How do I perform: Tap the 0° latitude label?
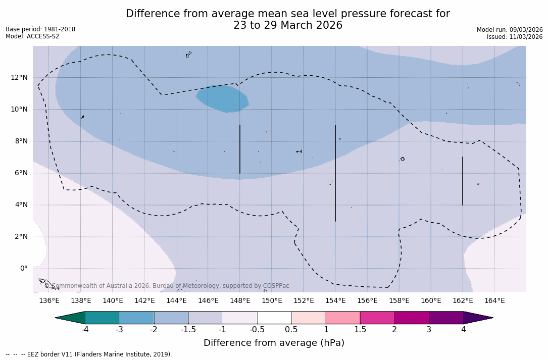click(23, 268)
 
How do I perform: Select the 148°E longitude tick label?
click(240, 301)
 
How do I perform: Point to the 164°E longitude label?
click(494, 301)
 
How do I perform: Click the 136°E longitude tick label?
click(49, 301)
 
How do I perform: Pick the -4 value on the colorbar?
click(85, 330)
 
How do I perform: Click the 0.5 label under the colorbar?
click(291, 330)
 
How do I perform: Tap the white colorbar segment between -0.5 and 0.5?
click(274, 318)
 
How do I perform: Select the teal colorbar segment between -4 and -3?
click(103, 318)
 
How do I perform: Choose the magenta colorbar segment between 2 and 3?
click(412, 318)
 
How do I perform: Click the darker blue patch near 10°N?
click(223, 98)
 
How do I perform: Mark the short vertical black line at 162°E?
click(463, 181)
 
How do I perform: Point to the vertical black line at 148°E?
click(240, 149)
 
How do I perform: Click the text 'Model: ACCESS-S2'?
click(32, 36)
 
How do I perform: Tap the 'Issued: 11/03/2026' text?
click(515, 37)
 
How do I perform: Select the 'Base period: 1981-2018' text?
click(40, 29)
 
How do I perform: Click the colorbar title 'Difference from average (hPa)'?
click(274, 343)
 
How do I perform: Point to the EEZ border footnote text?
click(89, 354)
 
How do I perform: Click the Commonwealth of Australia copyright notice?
click(167, 286)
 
